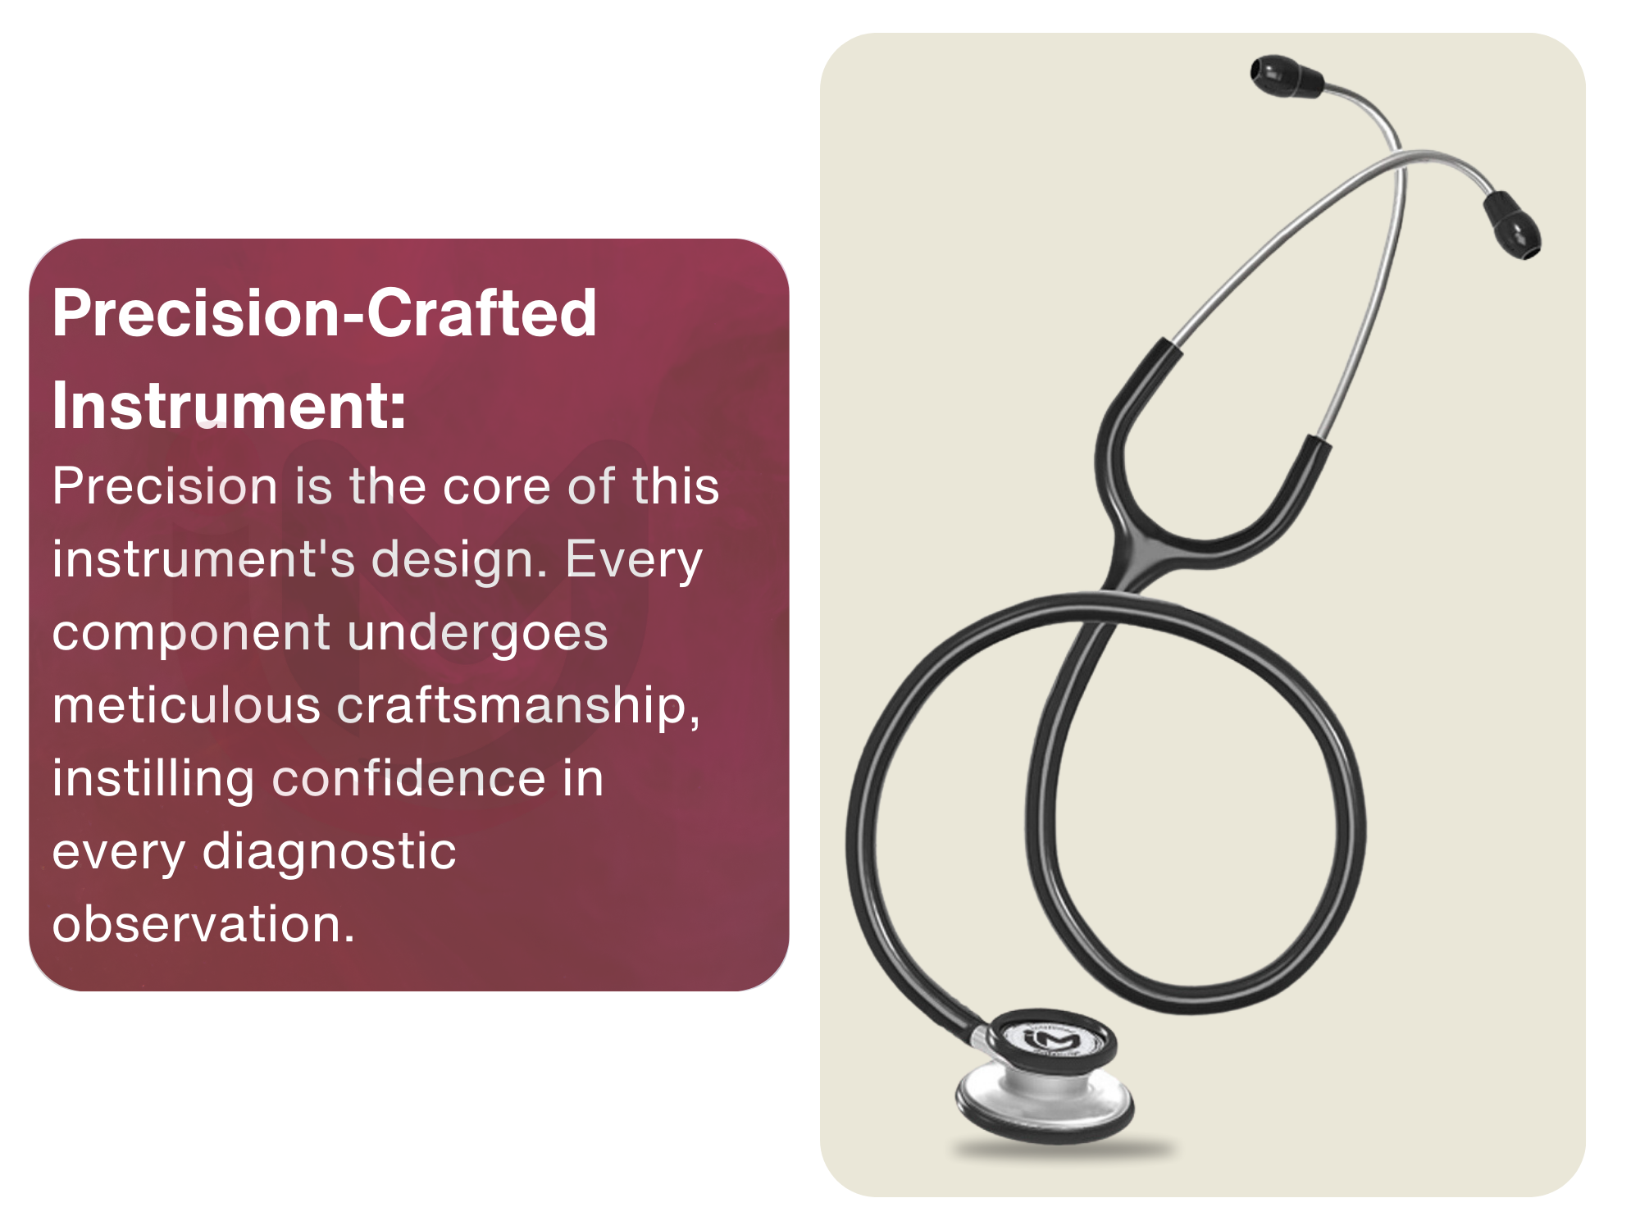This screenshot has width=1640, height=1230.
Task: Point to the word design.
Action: tap(460, 561)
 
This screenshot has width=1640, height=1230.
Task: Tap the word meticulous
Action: tap(187, 705)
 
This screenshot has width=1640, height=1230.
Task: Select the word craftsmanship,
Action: tap(518, 707)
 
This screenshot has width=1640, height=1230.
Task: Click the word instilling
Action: tap(153, 780)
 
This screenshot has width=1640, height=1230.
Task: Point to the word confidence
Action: tap(409, 778)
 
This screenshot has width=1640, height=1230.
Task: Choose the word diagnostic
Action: tap(330, 853)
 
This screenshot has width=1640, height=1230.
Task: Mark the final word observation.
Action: tap(203, 924)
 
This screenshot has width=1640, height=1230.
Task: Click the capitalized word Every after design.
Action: tap(633, 561)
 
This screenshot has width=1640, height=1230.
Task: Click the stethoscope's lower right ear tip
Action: tap(1514, 225)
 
